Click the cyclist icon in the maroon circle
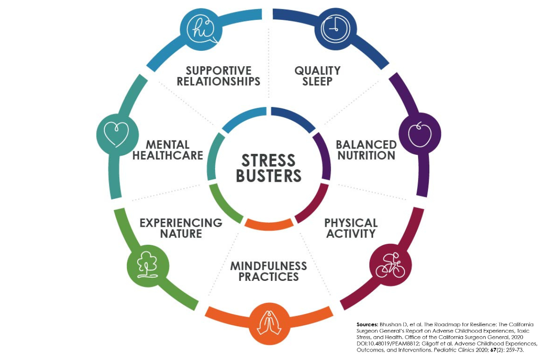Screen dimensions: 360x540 tap(388, 265)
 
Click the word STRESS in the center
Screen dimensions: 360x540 tap(269, 161)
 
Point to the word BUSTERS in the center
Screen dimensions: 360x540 tap(269, 176)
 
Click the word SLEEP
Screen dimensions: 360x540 tap(317, 81)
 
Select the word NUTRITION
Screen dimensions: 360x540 tap(366, 156)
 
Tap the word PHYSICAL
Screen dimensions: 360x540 tap(351, 223)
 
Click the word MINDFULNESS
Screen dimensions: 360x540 tap(269, 265)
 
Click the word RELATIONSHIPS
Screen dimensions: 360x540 tap(219, 81)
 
